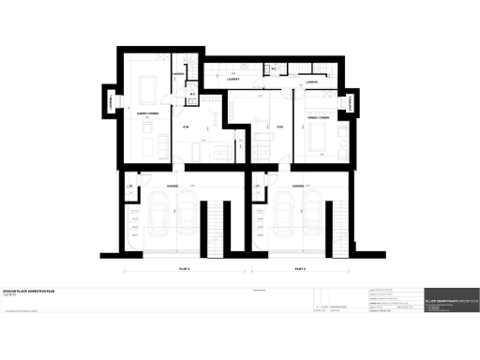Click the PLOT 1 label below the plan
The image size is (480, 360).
pos(185,269)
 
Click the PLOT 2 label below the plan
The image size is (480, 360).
pos(299,269)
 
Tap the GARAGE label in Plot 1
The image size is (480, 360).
pos(172,186)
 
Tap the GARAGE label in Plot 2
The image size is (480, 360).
pos(293,186)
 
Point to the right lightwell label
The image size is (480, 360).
pos(354,105)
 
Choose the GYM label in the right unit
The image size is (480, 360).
pos(279,126)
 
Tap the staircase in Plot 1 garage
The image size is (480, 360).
pos(220,231)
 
